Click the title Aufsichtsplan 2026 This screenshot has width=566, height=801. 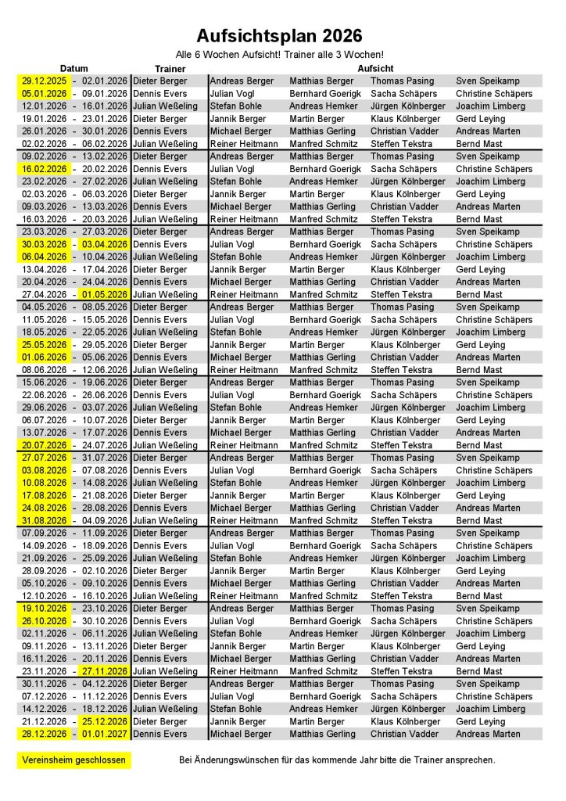click(279, 36)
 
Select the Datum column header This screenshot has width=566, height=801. click(74, 69)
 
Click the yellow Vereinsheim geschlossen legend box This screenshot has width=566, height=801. click(74, 760)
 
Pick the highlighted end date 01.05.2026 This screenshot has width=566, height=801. click(103, 294)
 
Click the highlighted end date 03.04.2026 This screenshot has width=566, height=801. click(103, 244)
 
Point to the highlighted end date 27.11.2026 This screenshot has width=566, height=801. click(103, 671)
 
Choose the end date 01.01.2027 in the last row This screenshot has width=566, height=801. click(103, 734)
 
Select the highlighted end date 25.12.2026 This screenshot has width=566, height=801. click(103, 721)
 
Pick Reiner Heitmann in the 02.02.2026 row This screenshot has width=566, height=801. click(244, 144)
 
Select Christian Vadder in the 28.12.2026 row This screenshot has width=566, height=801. click(405, 734)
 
